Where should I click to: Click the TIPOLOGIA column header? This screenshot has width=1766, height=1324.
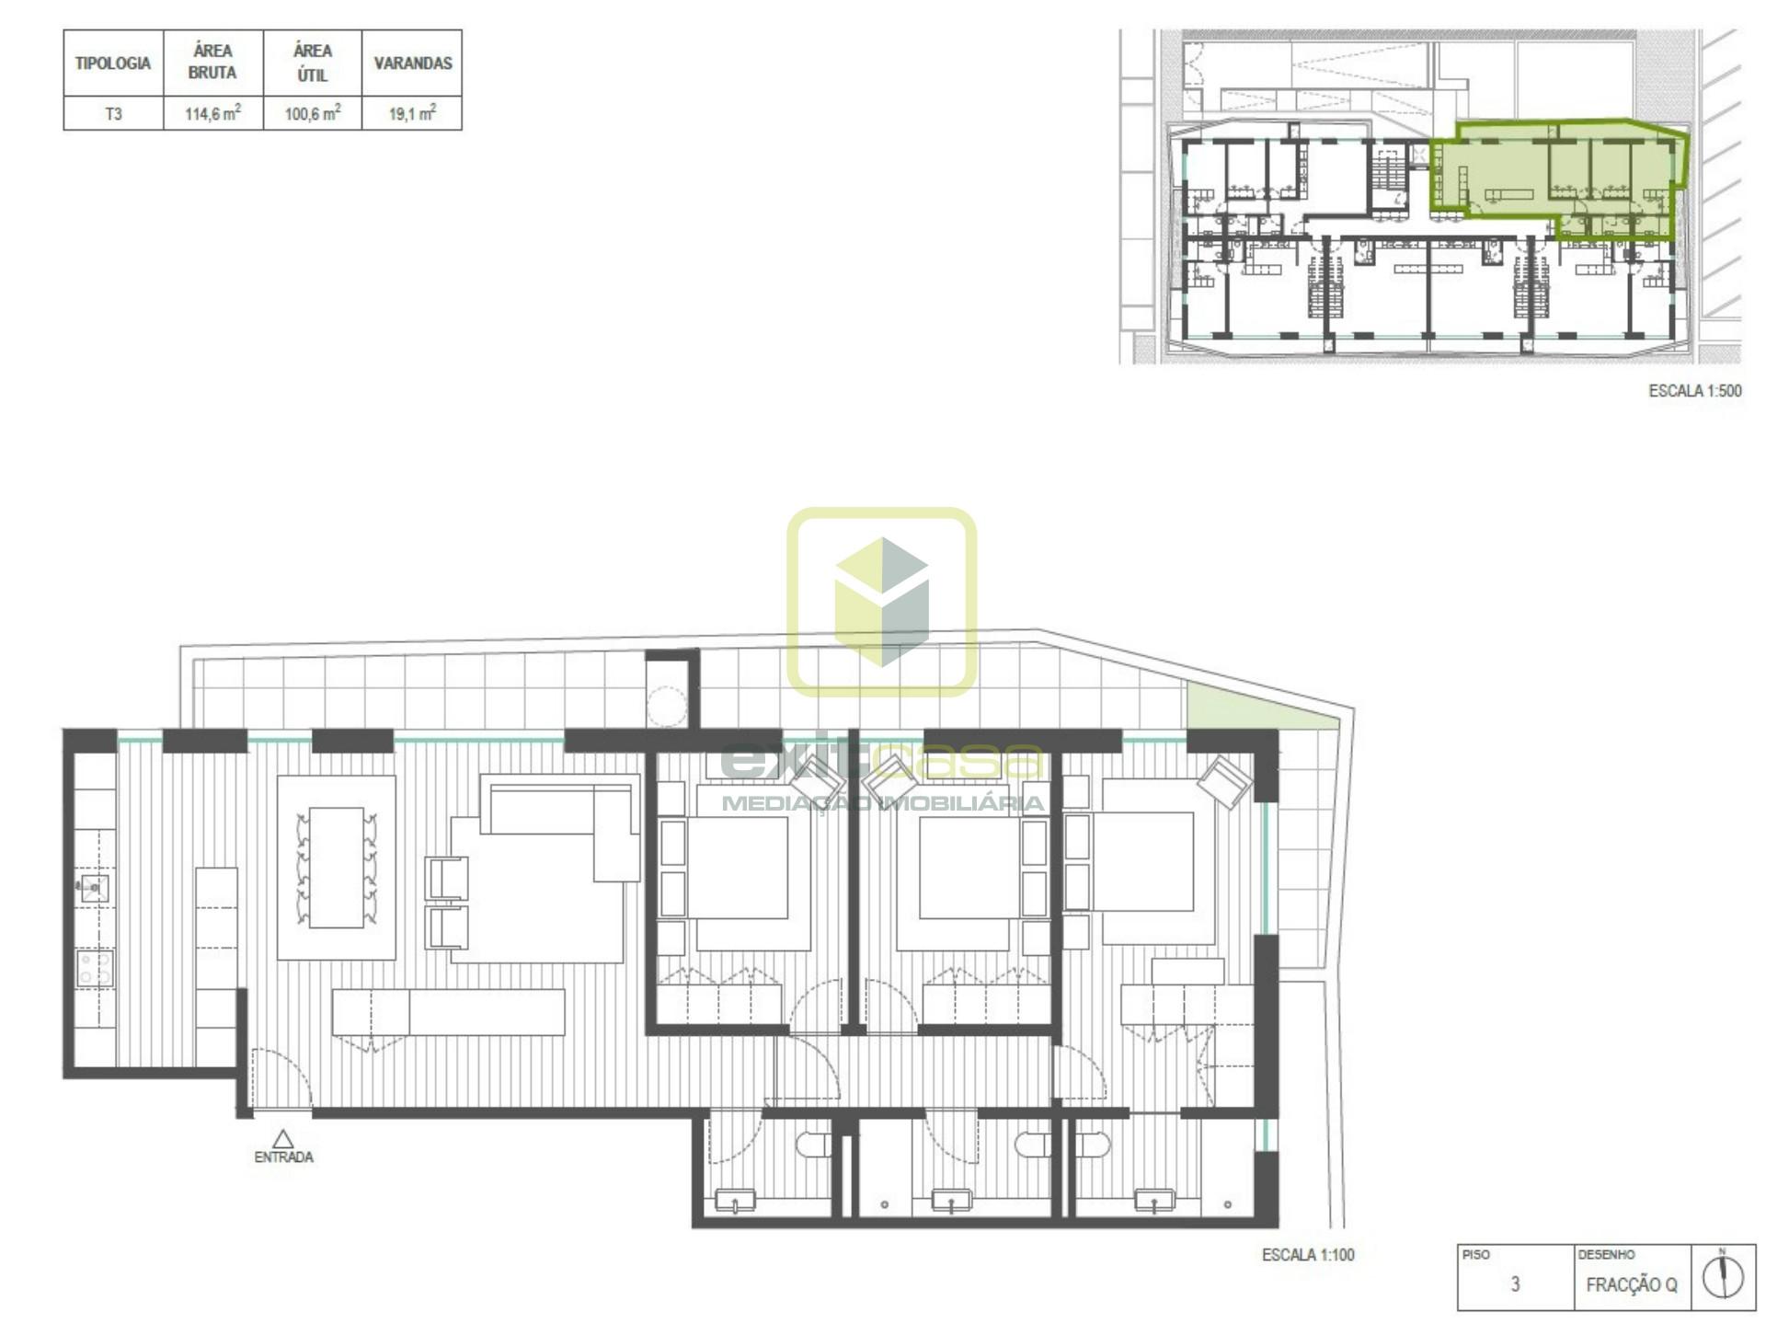tap(113, 63)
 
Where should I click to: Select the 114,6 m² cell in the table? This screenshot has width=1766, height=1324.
tap(212, 113)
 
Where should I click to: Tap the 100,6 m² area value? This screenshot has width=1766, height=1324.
tap(313, 113)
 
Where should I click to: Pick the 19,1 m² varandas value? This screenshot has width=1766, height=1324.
tap(412, 113)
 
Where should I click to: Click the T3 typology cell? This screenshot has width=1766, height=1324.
tap(113, 114)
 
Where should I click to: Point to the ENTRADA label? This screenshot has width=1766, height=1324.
tap(283, 1157)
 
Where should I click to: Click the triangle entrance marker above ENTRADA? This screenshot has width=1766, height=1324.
tap(283, 1139)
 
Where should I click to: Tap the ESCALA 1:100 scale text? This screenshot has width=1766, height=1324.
tap(1308, 1255)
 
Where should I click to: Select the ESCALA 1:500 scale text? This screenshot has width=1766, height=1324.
tap(1695, 391)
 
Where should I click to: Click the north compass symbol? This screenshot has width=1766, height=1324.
tap(1722, 1277)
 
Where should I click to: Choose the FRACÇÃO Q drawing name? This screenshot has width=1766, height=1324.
tap(1631, 1284)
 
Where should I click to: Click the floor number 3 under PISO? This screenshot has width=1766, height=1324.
tap(1515, 1284)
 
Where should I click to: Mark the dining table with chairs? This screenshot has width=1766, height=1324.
tap(337, 868)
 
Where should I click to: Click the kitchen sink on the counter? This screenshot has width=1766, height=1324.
tap(94, 889)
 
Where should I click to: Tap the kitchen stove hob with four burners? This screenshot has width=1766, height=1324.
tap(95, 969)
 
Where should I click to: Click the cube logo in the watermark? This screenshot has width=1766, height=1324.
tap(881, 602)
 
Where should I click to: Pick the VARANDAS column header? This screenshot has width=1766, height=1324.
tap(413, 63)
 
